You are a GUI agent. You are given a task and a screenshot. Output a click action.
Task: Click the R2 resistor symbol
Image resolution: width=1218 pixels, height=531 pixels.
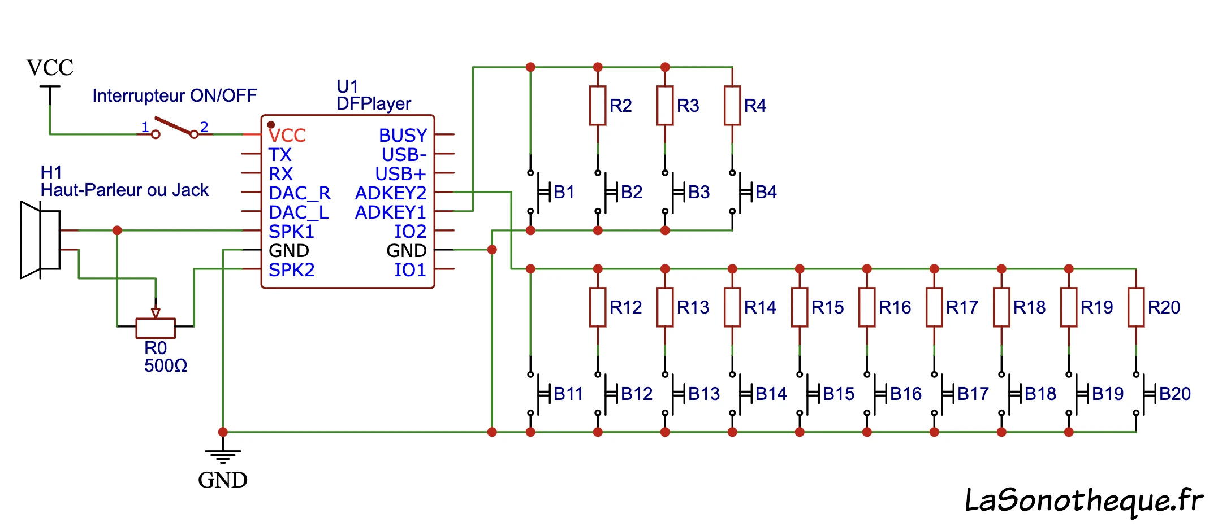598,106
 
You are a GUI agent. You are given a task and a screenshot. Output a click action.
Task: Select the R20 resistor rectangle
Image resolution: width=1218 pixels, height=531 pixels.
1136,307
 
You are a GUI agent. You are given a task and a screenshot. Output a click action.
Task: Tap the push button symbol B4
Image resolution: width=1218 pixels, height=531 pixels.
738,192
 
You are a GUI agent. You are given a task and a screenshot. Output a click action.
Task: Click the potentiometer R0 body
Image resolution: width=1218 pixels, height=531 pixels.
156,328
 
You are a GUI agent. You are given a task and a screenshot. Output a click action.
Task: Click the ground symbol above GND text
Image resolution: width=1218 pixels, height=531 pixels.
223,454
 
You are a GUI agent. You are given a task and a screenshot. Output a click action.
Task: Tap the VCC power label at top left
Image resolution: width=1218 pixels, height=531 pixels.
50,68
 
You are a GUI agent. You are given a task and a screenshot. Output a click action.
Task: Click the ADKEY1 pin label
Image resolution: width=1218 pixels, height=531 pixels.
390,212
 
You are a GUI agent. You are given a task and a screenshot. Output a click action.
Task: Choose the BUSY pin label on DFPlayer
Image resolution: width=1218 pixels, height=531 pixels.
403,136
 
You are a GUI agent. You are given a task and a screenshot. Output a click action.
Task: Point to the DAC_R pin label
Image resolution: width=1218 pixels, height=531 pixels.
299,193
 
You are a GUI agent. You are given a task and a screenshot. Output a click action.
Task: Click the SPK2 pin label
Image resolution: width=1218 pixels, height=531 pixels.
291,270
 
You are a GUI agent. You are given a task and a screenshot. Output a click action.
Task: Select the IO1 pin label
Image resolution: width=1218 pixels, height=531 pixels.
410,270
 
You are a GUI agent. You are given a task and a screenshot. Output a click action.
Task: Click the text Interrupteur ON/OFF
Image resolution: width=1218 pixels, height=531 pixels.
174,95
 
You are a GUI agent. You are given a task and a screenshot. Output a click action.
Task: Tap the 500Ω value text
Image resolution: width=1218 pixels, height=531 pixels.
166,365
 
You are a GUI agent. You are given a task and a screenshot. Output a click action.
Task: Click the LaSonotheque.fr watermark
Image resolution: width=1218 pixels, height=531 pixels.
1083,500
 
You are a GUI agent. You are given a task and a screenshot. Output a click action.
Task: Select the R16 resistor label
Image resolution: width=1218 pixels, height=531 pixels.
895,307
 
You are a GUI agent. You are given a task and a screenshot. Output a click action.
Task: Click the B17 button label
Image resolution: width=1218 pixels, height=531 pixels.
973,394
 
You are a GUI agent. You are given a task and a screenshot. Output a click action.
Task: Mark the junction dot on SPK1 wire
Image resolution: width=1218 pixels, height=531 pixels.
117,230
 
